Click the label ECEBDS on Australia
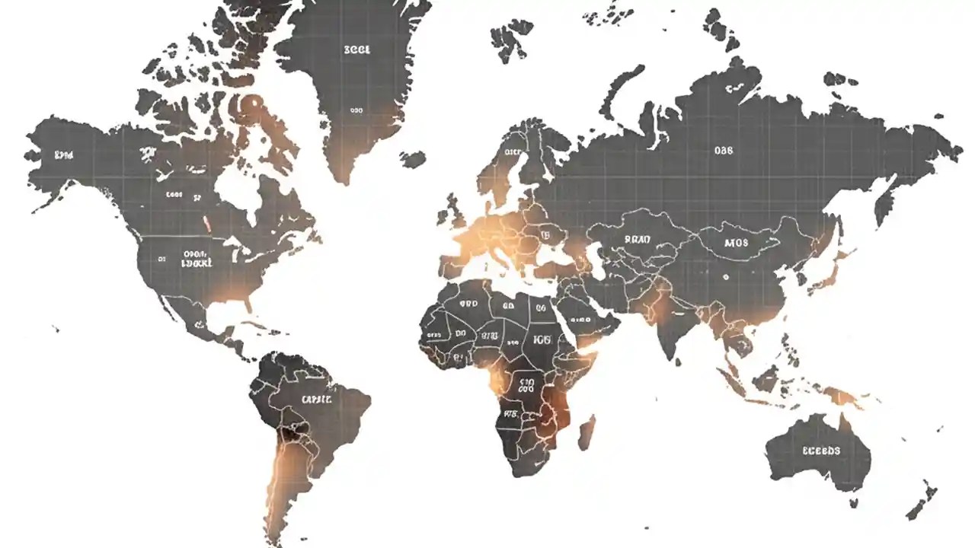click(x=821, y=451)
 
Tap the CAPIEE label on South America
click(x=316, y=399)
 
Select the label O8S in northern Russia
click(x=723, y=151)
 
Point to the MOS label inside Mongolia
click(x=737, y=244)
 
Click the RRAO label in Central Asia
click(x=638, y=239)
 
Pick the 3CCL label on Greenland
click(x=356, y=49)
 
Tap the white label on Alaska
click(x=64, y=155)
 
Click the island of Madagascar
click(x=586, y=432)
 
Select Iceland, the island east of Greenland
click(x=414, y=159)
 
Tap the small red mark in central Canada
click(x=206, y=225)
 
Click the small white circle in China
click(x=726, y=278)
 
